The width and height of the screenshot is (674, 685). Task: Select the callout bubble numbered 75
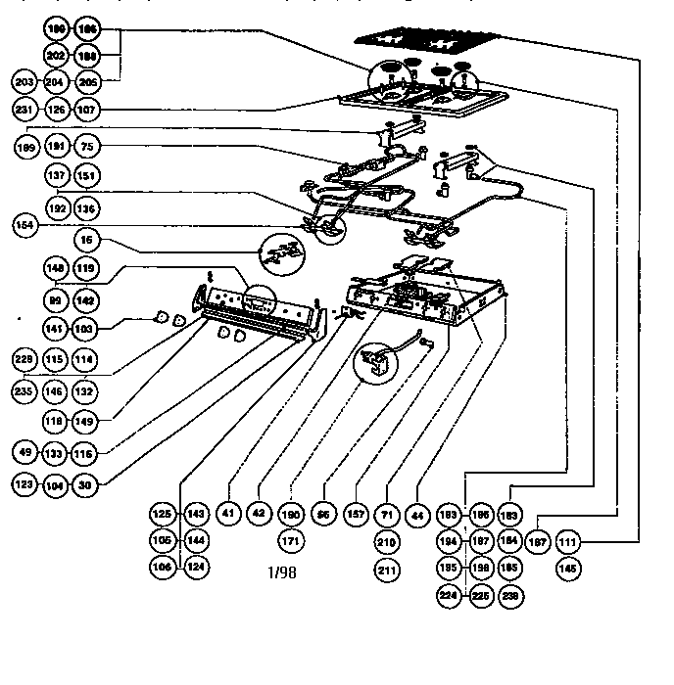(x=88, y=147)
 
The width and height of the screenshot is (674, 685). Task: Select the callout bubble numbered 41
(x=229, y=512)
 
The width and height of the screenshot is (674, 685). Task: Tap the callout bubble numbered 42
(x=260, y=512)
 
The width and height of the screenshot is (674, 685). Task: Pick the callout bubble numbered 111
(x=567, y=540)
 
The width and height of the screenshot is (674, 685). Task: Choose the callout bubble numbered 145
(x=567, y=566)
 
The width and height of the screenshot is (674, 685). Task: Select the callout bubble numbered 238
(x=509, y=593)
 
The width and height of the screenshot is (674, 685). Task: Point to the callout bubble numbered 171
(x=291, y=540)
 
